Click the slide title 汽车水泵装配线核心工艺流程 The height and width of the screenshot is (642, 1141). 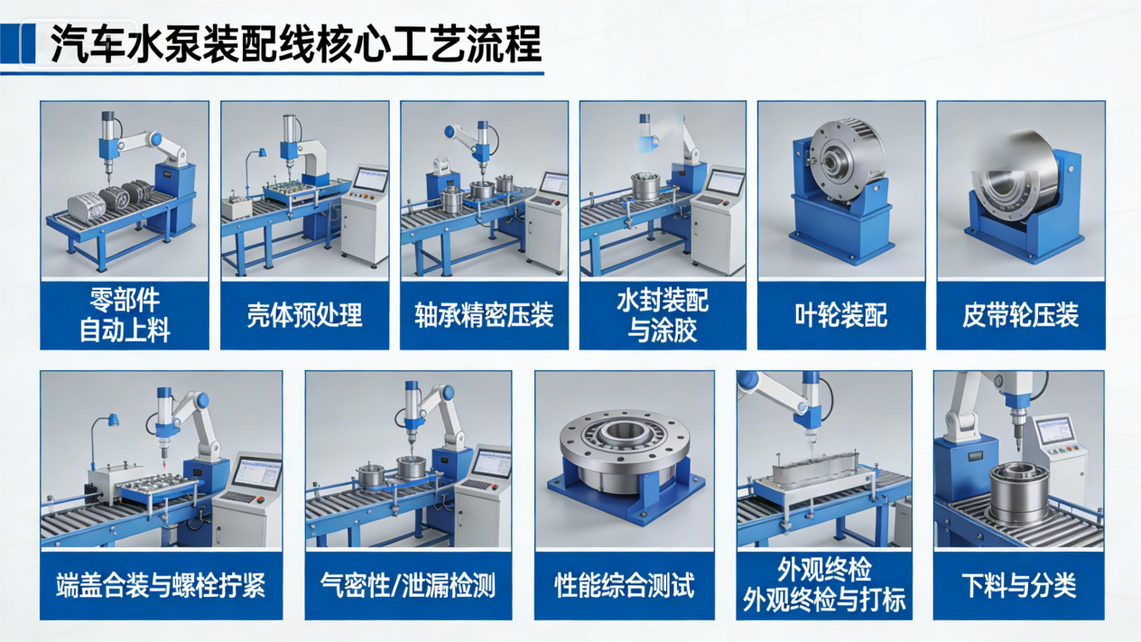coord(295,45)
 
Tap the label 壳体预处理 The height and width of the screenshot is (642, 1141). coord(304,315)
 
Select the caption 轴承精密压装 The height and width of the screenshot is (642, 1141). coord(484,315)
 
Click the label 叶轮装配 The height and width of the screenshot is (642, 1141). coord(841,315)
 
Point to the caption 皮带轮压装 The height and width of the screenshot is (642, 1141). coord(1020,315)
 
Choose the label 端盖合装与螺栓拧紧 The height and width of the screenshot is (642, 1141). coord(161,585)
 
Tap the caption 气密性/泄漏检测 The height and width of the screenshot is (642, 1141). coord(408,585)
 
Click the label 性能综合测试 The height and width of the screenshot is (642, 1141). coord(625,585)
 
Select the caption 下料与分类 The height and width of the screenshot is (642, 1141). coord(1019,585)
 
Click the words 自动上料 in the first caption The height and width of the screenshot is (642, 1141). coord(125,330)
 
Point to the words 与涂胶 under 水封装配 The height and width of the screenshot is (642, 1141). coord(663,330)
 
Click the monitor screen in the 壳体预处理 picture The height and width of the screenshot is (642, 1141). coord(370,180)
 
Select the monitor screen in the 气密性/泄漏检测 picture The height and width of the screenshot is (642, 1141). coord(491,463)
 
